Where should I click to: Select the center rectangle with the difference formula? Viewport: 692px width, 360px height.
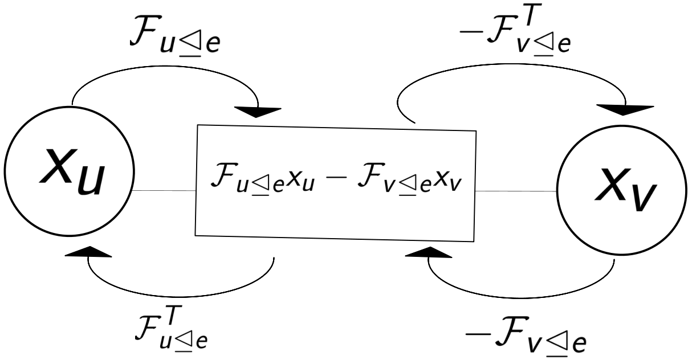coord(336,183)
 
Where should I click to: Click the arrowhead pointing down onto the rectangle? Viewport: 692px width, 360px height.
coord(258,112)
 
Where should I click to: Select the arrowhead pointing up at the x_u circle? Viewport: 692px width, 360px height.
coord(88,252)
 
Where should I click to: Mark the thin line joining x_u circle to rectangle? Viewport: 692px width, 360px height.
coord(165,190)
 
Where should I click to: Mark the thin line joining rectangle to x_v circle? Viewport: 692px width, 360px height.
coord(516,191)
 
